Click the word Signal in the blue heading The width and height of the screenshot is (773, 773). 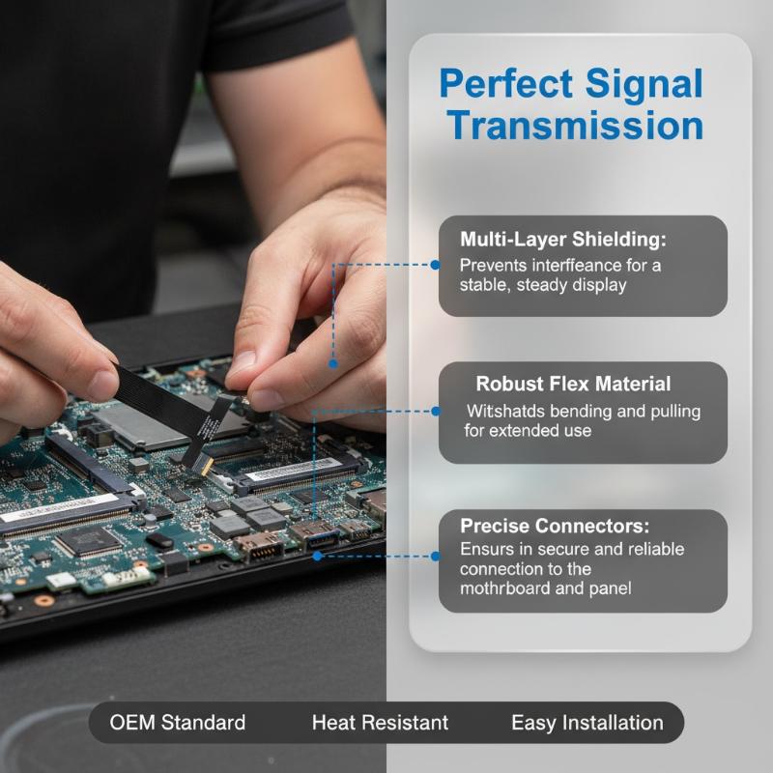(x=644, y=85)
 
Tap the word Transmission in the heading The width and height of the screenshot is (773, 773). (x=575, y=126)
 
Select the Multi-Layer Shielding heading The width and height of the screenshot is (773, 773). (x=563, y=239)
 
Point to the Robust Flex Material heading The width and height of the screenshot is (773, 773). (x=573, y=384)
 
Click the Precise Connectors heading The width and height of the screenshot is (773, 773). (x=555, y=526)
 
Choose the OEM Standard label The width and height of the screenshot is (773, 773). (x=178, y=723)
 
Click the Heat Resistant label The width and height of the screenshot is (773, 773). (x=380, y=723)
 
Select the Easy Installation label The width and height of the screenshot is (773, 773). (x=587, y=723)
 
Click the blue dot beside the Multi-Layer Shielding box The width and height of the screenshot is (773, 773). (x=435, y=265)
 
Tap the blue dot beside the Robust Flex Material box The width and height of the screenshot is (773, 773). (x=436, y=411)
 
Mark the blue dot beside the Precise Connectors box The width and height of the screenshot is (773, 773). (x=436, y=557)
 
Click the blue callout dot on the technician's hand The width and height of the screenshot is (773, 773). (x=333, y=364)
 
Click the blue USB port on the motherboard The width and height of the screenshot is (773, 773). (x=315, y=537)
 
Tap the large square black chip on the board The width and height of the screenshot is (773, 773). (x=88, y=542)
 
